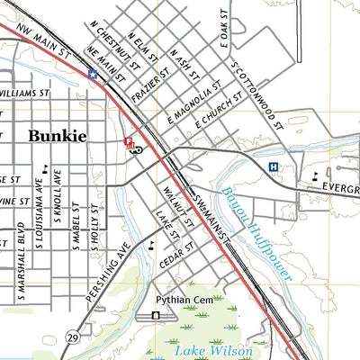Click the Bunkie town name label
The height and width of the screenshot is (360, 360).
tap(58, 136)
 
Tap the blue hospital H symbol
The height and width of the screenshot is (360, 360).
tap(273, 166)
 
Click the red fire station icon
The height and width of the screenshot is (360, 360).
tap(128, 141)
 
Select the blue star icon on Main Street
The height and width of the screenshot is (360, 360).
tap(92, 75)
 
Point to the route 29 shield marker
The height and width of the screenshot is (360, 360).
tap(71, 337)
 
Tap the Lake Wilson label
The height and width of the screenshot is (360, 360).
tap(213, 350)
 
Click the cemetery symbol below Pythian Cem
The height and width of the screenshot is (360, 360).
tap(156, 316)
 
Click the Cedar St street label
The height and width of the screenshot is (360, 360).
tap(176, 253)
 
